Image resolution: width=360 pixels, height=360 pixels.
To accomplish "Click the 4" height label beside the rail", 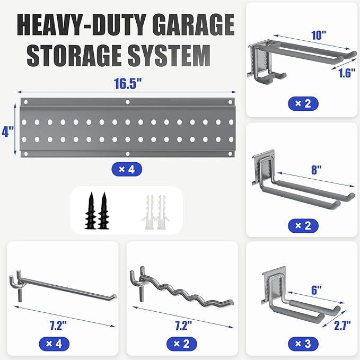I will [x=8, y=129].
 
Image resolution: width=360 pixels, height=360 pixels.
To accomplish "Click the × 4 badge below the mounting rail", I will [x=126, y=170].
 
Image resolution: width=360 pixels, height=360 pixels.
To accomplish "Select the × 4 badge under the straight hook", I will [x=55, y=344].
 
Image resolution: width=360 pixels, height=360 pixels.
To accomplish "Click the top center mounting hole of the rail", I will [x=127, y=102].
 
